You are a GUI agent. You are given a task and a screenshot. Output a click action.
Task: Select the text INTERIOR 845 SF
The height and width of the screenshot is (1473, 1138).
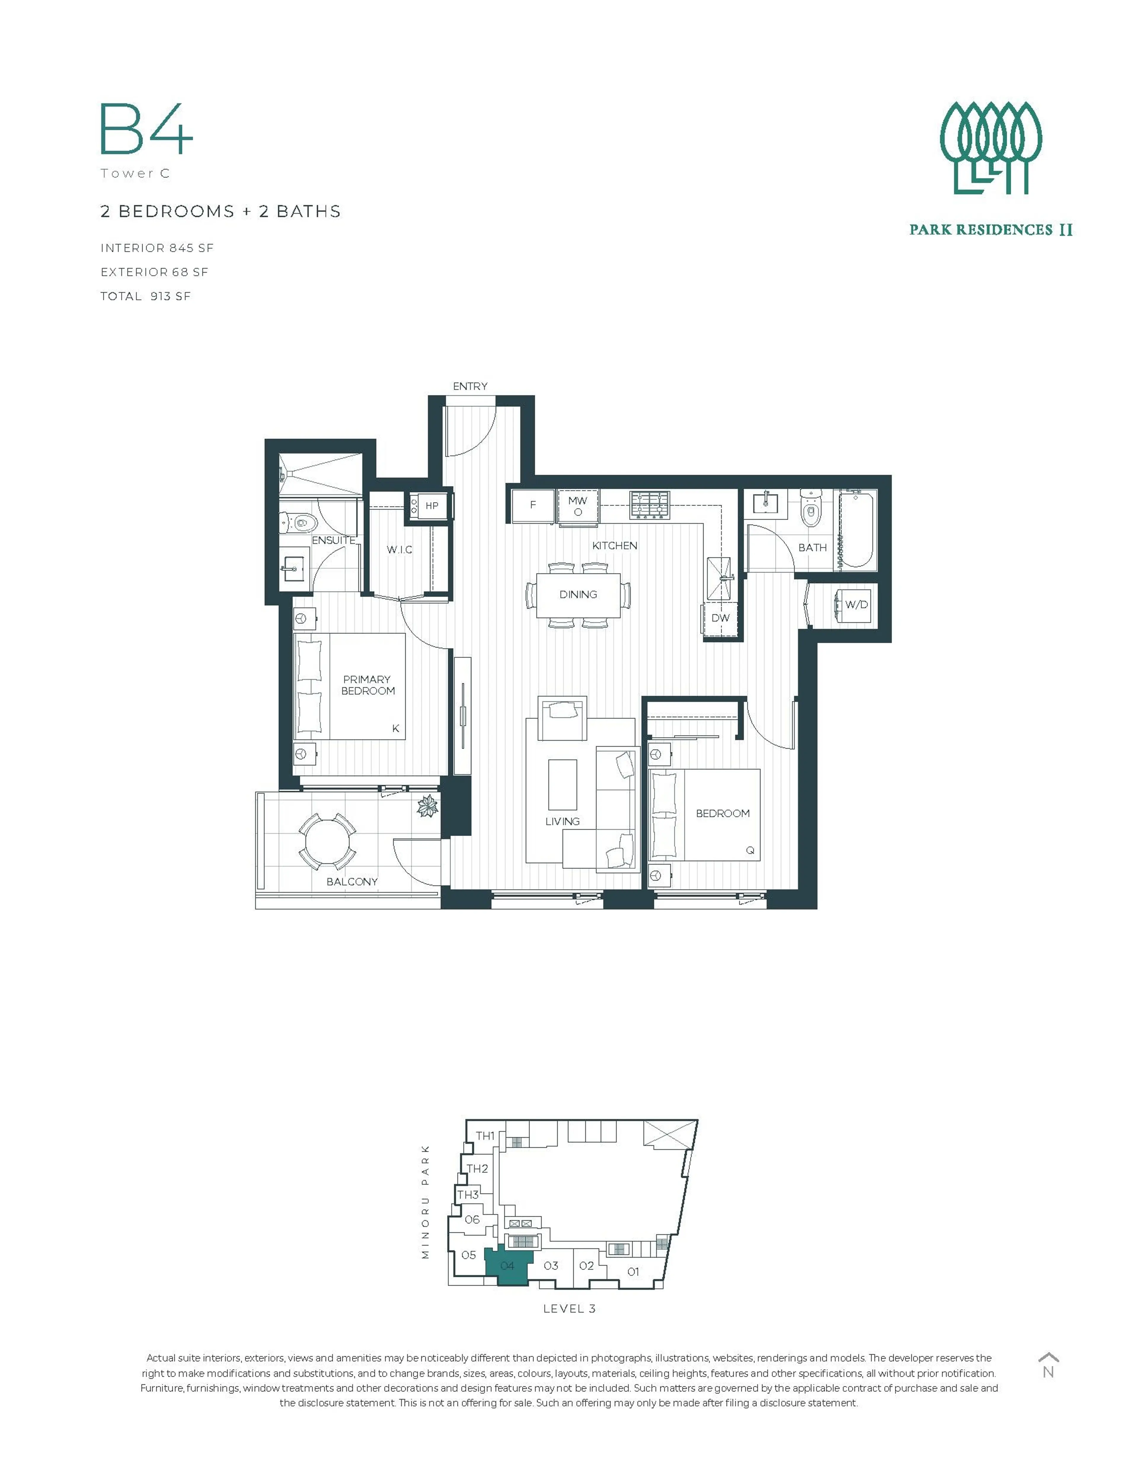click(156, 248)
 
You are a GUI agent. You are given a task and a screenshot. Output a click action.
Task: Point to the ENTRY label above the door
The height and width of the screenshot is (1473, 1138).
click(470, 387)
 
